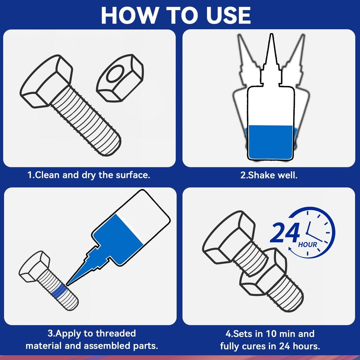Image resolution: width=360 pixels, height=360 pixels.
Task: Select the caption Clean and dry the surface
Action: (x=89, y=175)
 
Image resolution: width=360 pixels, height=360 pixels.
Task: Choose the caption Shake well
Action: (x=269, y=175)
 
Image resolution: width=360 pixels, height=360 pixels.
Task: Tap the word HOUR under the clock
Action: (x=308, y=245)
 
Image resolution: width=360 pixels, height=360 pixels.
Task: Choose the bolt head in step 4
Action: (x=225, y=238)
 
